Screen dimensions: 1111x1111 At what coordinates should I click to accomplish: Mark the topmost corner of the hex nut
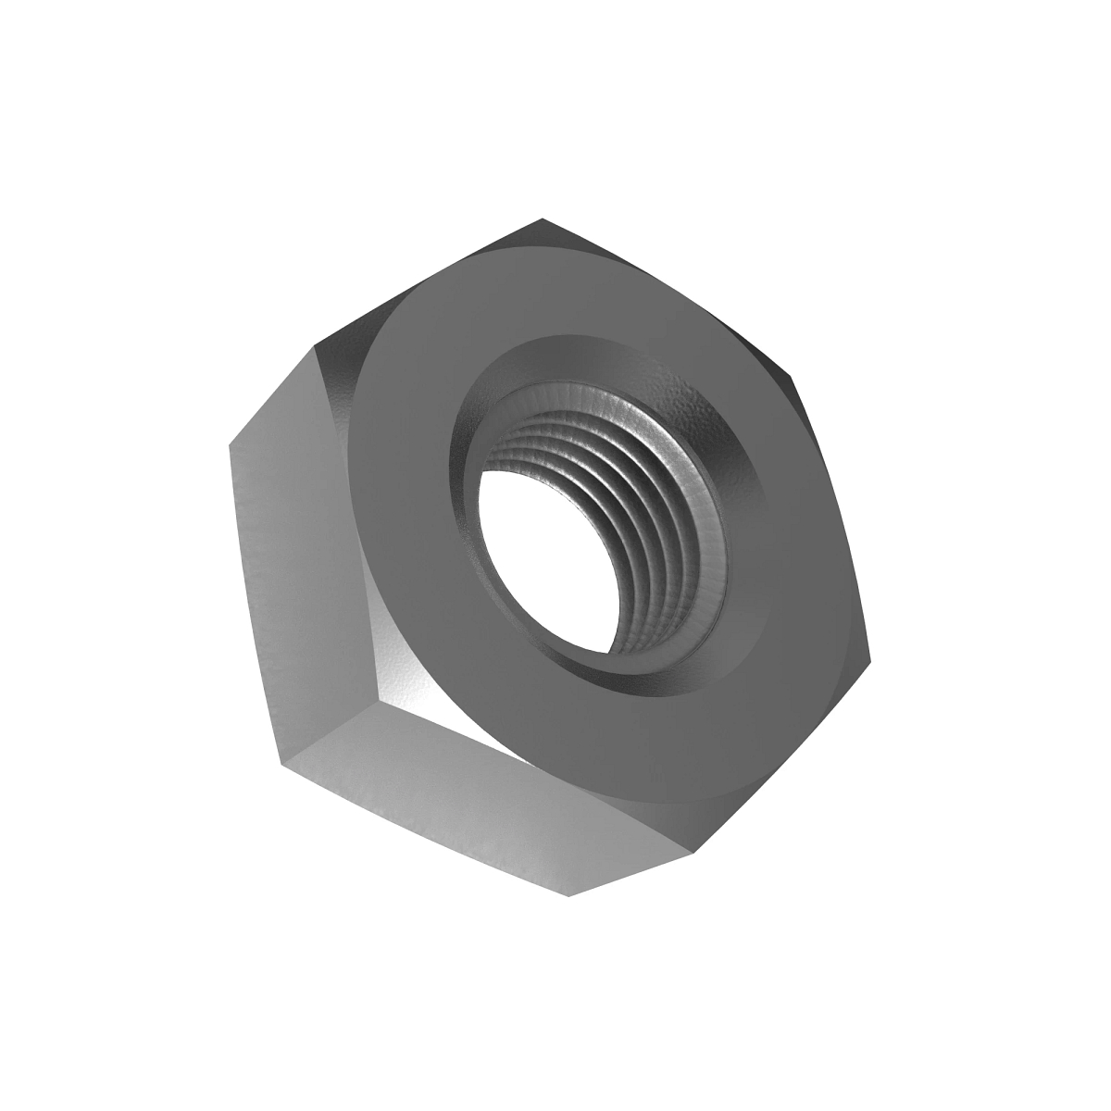click(542, 219)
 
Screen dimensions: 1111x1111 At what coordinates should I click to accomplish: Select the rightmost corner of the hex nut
click(871, 661)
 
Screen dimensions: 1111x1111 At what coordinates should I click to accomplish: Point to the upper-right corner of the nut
click(792, 378)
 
